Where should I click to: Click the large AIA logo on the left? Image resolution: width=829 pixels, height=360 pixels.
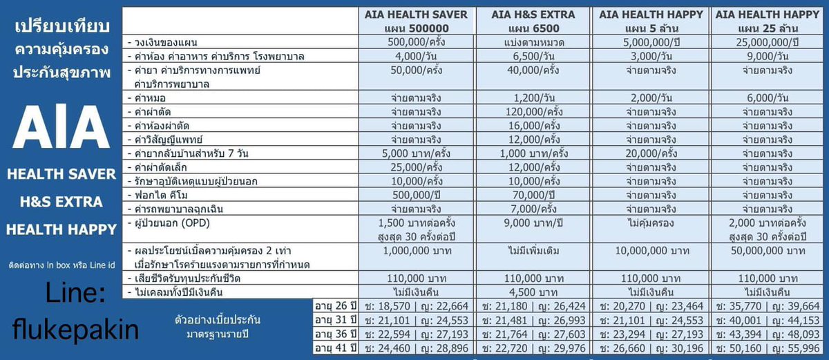[61, 126]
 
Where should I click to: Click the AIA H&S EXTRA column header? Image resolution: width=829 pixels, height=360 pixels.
[533, 21]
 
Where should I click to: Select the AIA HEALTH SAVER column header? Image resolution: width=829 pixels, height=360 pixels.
[416, 21]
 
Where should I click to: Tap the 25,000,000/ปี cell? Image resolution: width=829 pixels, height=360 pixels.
[768, 42]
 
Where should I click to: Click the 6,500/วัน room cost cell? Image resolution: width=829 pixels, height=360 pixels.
[533, 56]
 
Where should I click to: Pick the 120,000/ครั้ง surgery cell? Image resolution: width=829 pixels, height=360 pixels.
[534, 112]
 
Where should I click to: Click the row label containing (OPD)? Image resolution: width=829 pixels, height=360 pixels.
[169, 223]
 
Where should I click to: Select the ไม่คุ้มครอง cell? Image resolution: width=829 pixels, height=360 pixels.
[651, 223]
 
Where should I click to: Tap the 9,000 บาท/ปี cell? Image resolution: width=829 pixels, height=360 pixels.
[533, 223]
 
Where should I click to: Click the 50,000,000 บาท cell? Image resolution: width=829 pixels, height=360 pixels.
[768, 251]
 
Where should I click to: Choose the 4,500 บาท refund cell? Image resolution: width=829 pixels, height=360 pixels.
[533, 292]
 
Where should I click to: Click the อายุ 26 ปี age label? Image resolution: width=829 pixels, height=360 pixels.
[335, 306]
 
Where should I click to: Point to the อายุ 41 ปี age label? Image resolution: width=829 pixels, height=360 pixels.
[335, 348]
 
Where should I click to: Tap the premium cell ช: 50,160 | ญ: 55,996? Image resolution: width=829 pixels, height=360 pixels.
[768, 348]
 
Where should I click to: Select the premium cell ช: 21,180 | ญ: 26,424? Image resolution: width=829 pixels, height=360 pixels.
[533, 306]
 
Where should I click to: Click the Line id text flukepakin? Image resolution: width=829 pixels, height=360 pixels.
[75, 330]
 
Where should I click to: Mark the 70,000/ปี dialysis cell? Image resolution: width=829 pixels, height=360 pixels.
[533, 195]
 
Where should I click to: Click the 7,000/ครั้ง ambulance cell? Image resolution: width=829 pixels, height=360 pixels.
[533, 209]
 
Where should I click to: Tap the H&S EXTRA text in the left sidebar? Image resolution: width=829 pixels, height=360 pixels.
[61, 202]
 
